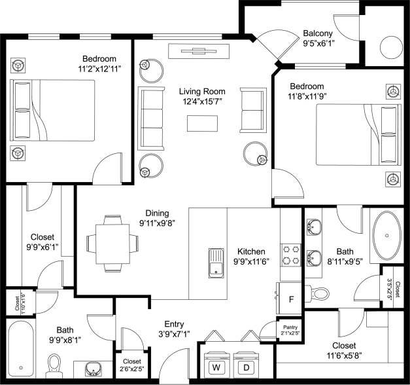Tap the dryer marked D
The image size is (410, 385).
point(246,368)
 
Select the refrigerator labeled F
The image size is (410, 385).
point(292,300)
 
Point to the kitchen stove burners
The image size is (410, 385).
point(291,255)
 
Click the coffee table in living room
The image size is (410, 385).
point(203,123)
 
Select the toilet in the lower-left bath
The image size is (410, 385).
point(54,363)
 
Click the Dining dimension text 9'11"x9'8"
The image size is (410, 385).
point(157,223)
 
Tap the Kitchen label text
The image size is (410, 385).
point(251,251)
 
